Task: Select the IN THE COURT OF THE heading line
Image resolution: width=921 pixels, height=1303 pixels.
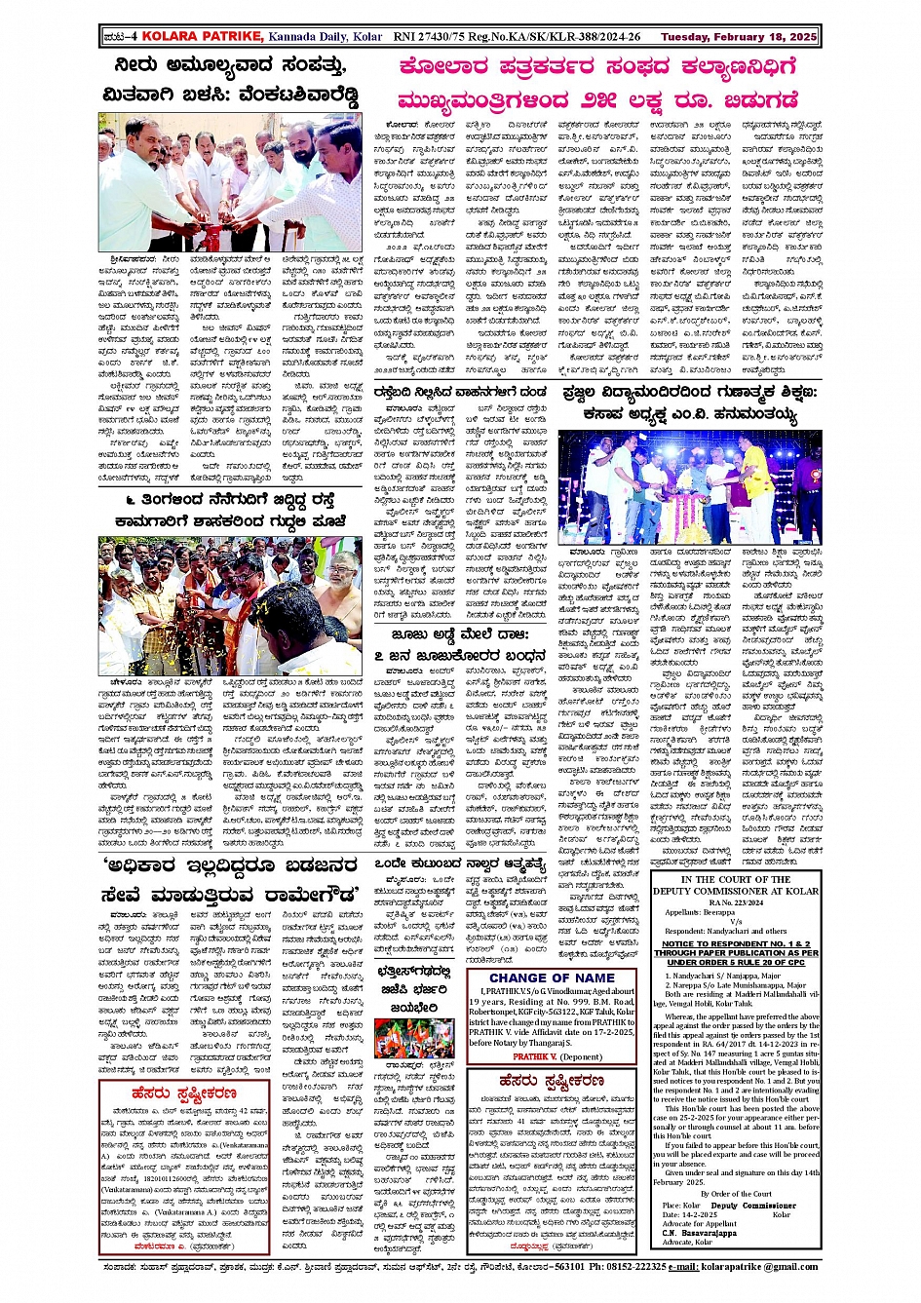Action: point(736,880)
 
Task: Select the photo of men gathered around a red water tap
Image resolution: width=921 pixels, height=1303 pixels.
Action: point(230,182)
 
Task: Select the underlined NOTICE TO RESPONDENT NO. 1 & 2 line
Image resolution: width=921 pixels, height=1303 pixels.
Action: point(735,944)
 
